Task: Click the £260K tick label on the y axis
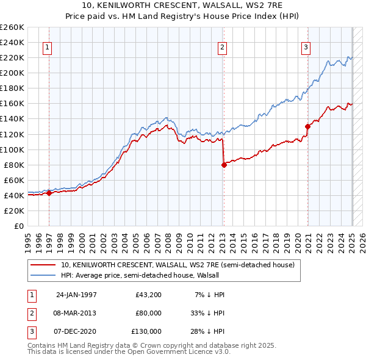(12, 27)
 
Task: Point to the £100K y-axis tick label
(12, 149)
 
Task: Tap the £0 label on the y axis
(19, 226)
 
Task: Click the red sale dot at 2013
(224, 164)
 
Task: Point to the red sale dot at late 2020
(307, 126)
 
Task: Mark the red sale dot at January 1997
(49, 193)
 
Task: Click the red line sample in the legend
(43, 265)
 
